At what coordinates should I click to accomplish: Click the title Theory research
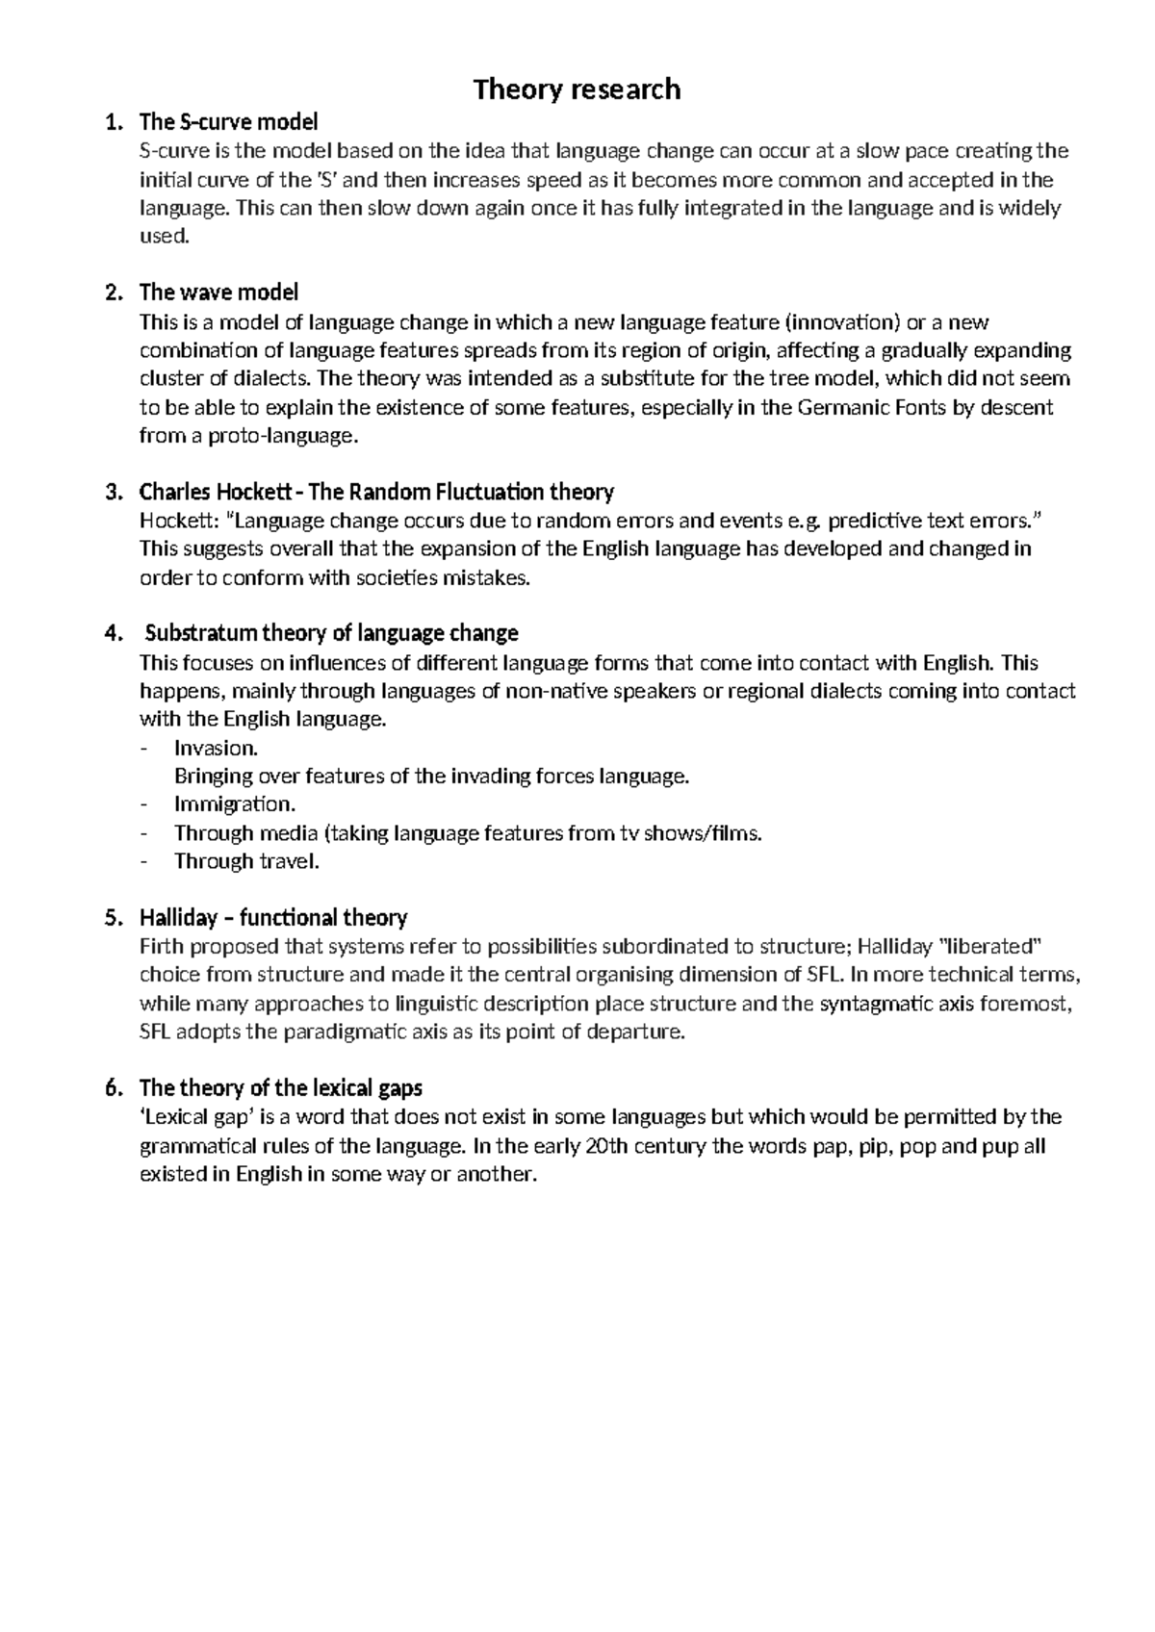pos(577,89)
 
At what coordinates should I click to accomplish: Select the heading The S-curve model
pos(228,122)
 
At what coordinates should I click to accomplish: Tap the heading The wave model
pos(218,292)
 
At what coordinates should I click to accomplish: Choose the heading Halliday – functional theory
pos(273,917)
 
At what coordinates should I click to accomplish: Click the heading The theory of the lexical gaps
pos(281,1088)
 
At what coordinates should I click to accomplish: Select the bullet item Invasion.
pos(216,748)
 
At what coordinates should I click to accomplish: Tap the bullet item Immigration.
pos(235,804)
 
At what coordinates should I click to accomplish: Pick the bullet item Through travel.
pos(245,861)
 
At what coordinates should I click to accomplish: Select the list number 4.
pos(114,634)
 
